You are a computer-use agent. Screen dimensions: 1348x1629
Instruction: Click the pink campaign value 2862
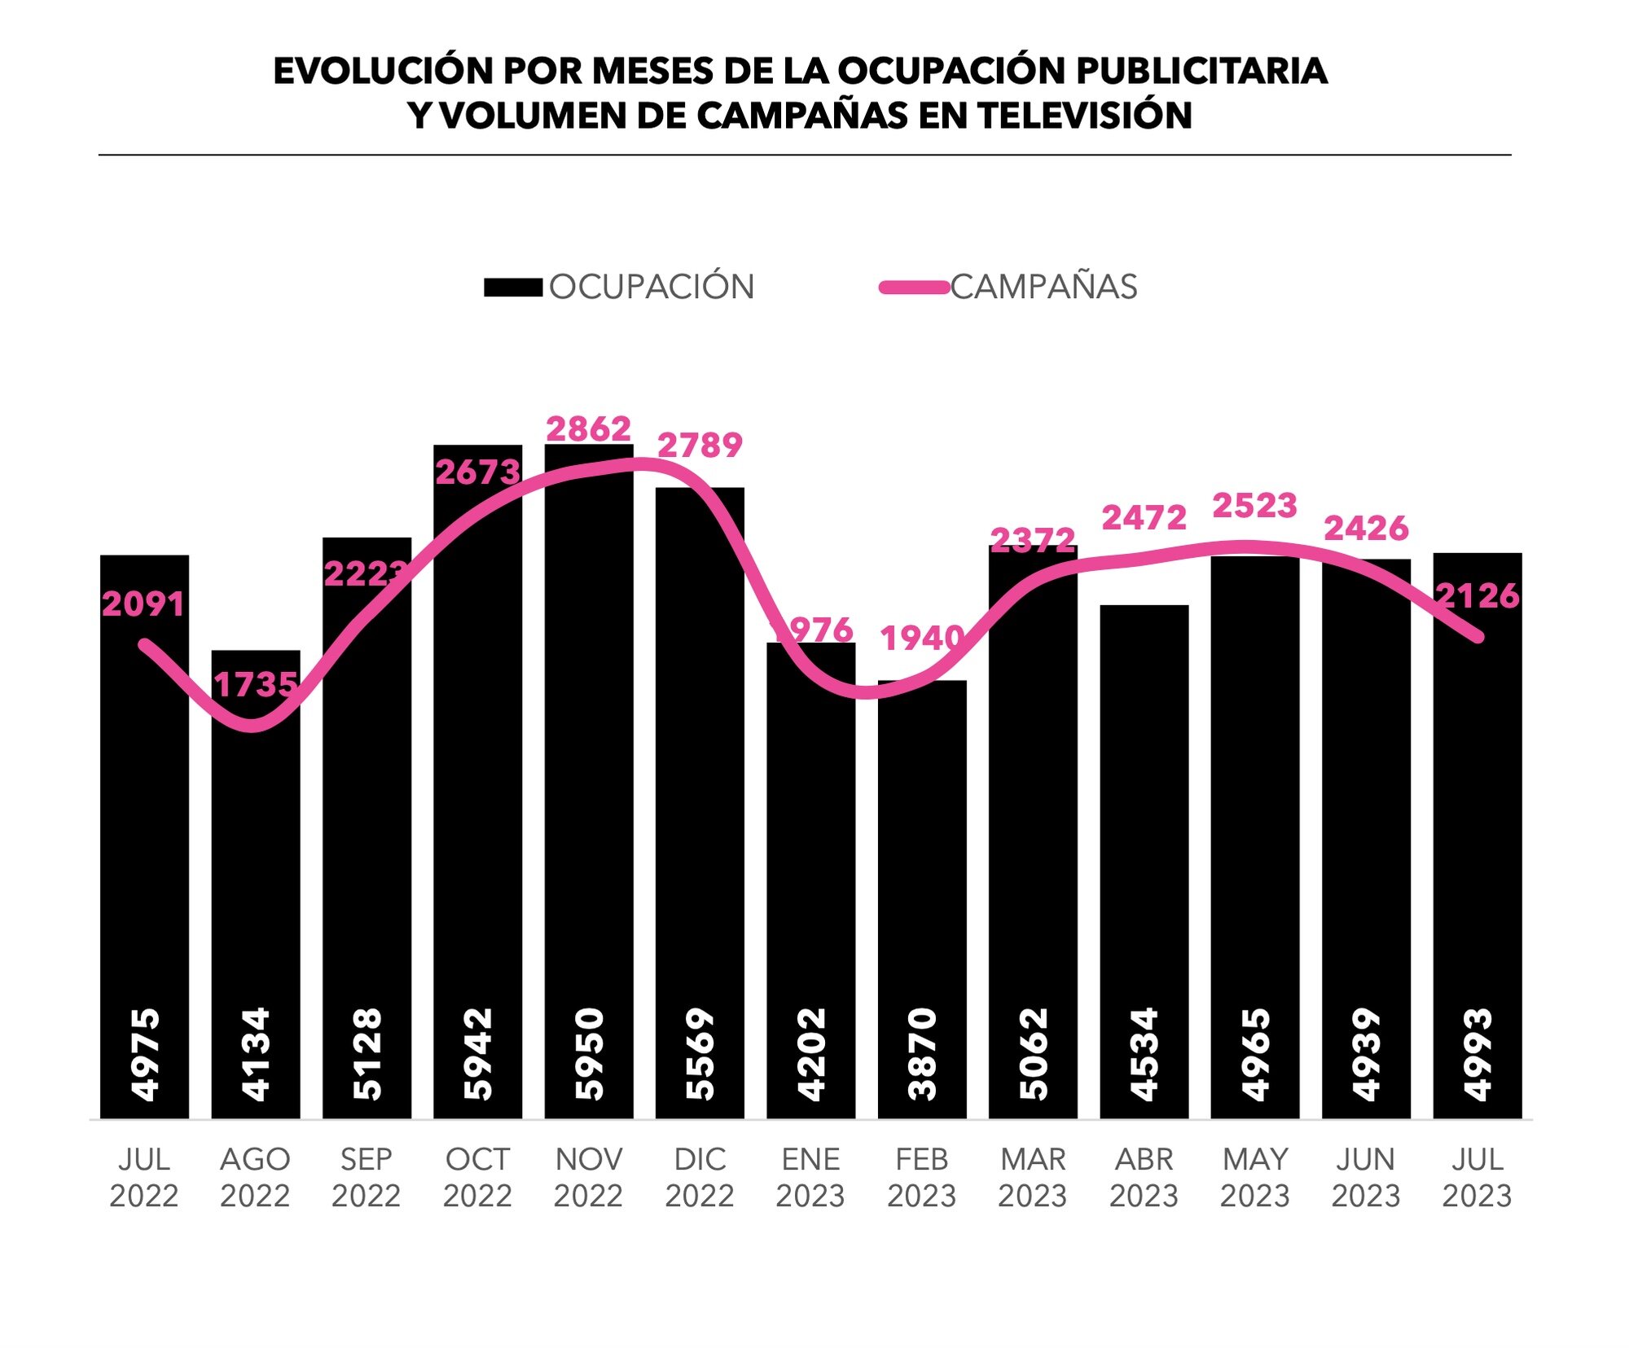click(x=588, y=429)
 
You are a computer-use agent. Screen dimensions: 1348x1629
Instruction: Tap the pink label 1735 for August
click(x=255, y=685)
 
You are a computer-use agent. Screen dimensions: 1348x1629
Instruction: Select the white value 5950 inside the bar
click(x=589, y=1054)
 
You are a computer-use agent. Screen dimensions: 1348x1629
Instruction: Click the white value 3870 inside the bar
click(x=922, y=1054)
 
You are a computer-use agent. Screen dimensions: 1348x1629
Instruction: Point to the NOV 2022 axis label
click(x=588, y=1177)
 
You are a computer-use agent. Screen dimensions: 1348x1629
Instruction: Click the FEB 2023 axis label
click(x=921, y=1177)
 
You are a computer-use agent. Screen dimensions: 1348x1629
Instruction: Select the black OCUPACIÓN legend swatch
click(x=512, y=288)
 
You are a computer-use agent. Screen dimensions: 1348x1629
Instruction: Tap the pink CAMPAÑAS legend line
click(x=914, y=288)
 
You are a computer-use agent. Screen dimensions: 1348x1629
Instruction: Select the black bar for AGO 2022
click(x=255, y=855)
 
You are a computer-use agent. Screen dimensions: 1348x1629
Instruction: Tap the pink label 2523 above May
click(x=1254, y=506)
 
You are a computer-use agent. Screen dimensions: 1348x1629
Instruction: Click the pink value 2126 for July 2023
click(x=1477, y=596)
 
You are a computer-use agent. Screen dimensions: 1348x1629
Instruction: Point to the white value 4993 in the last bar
click(x=1478, y=1054)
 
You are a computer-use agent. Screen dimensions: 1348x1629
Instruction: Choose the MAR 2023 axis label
click(x=1033, y=1177)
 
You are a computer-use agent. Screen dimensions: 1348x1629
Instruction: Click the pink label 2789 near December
click(x=700, y=446)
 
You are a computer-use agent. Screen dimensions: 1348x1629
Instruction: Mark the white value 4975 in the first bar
click(x=145, y=1054)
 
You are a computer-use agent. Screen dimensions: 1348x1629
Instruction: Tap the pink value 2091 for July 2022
click(x=143, y=604)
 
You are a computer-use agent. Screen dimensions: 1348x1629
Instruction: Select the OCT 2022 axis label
click(x=477, y=1177)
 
